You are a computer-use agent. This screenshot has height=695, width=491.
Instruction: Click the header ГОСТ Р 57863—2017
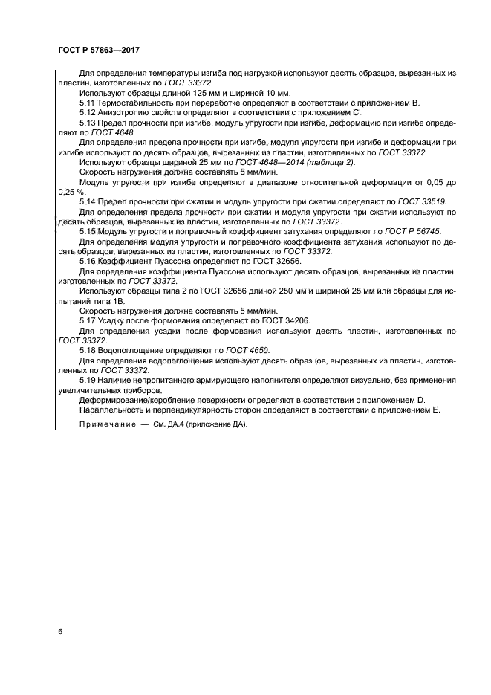99,50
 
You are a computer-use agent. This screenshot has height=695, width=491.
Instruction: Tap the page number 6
60,631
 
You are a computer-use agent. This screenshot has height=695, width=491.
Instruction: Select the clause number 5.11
87,102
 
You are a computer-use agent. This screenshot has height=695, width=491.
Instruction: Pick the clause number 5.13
87,121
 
